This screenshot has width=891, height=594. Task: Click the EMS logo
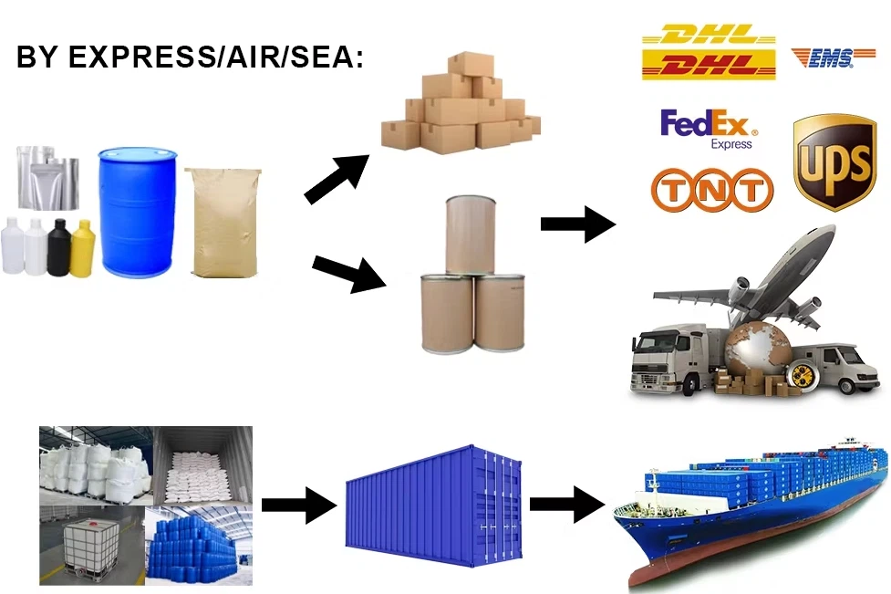pos(833,57)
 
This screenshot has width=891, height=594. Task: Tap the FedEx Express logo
pos(709,130)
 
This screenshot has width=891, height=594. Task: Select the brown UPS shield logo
pos(834,162)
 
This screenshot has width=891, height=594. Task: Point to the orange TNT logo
pos(712,189)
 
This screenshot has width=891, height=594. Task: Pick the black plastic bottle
pos(59,247)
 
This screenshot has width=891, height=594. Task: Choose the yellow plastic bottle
pos(82,248)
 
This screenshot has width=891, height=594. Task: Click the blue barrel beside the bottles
pos(138,213)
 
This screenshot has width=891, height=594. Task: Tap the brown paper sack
pos(223,223)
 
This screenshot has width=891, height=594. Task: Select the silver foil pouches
pos(48,178)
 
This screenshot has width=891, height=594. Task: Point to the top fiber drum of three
pos(471,235)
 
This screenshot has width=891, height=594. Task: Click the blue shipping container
pos(433,505)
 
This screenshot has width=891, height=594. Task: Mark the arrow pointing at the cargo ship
pos(567,505)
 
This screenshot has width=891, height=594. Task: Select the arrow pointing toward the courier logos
pos(578,224)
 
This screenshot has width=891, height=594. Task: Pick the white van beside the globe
pos(834,367)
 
